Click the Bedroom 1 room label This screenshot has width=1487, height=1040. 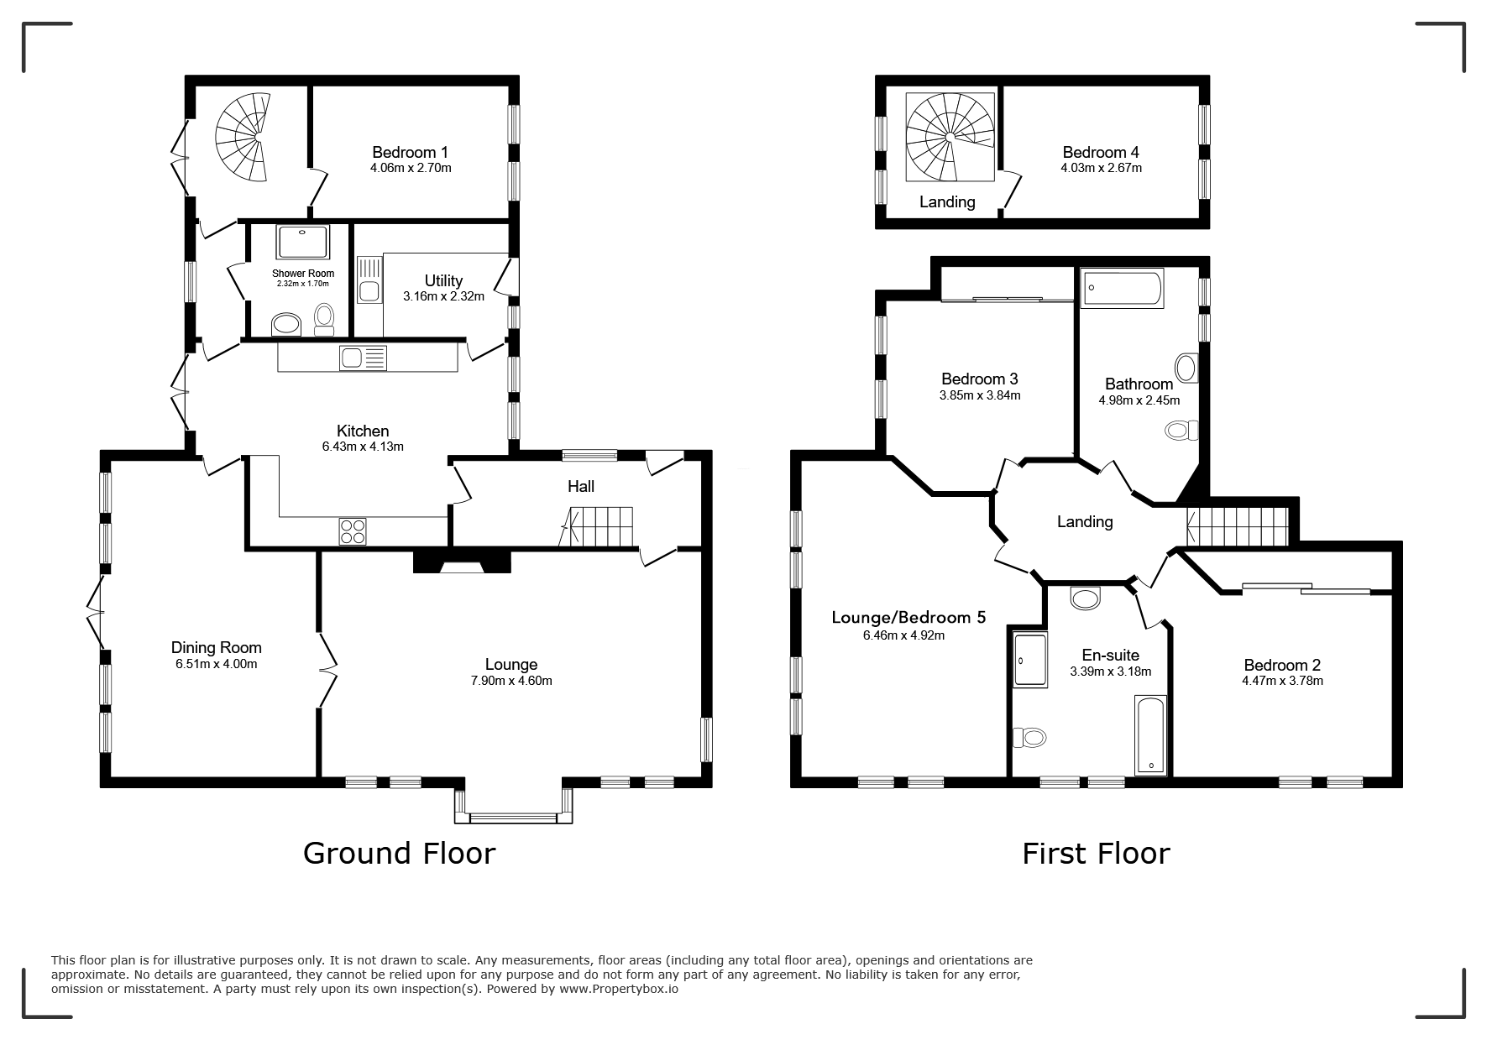(x=410, y=152)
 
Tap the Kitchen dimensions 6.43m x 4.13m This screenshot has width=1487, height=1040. (x=363, y=447)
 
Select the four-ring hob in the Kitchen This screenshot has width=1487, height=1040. (x=353, y=530)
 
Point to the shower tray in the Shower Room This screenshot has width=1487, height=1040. (x=302, y=242)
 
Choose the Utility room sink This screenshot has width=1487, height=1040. (x=369, y=279)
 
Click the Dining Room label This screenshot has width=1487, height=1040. (x=217, y=647)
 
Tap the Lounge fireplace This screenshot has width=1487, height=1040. (x=462, y=562)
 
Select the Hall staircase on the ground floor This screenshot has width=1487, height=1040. (x=597, y=527)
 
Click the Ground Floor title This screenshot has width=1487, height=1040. (x=400, y=853)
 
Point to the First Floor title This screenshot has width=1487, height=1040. (x=1096, y=854)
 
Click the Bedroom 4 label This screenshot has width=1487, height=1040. (x=1101, y=152)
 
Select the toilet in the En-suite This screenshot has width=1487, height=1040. (x=1029, y=737)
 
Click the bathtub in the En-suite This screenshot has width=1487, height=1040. (x=1149, y=735)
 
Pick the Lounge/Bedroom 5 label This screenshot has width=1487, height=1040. (x=908, y=618)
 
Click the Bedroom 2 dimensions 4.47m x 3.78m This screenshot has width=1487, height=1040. (x=1282, y=681)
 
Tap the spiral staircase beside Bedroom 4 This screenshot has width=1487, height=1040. (x=950, y=137)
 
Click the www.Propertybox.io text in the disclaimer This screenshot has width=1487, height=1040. (x=619, y=989)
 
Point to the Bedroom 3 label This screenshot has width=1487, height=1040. (x=980, y=379)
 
